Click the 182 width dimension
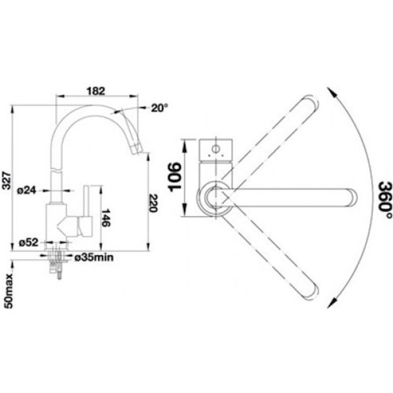[96, 91]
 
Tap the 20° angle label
[159, 108]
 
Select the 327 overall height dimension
[7, 181]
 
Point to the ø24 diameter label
[27, 191]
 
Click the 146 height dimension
[106, 217]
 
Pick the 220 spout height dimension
[153, 203]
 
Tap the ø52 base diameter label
[29, 242]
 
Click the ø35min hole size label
[94, 257]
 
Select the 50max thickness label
[9, 291]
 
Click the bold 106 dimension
[175, 177]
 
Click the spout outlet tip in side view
[137, 149]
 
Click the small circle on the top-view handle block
[215, 149]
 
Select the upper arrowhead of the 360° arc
[331, 92]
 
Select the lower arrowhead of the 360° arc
[331, 302]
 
